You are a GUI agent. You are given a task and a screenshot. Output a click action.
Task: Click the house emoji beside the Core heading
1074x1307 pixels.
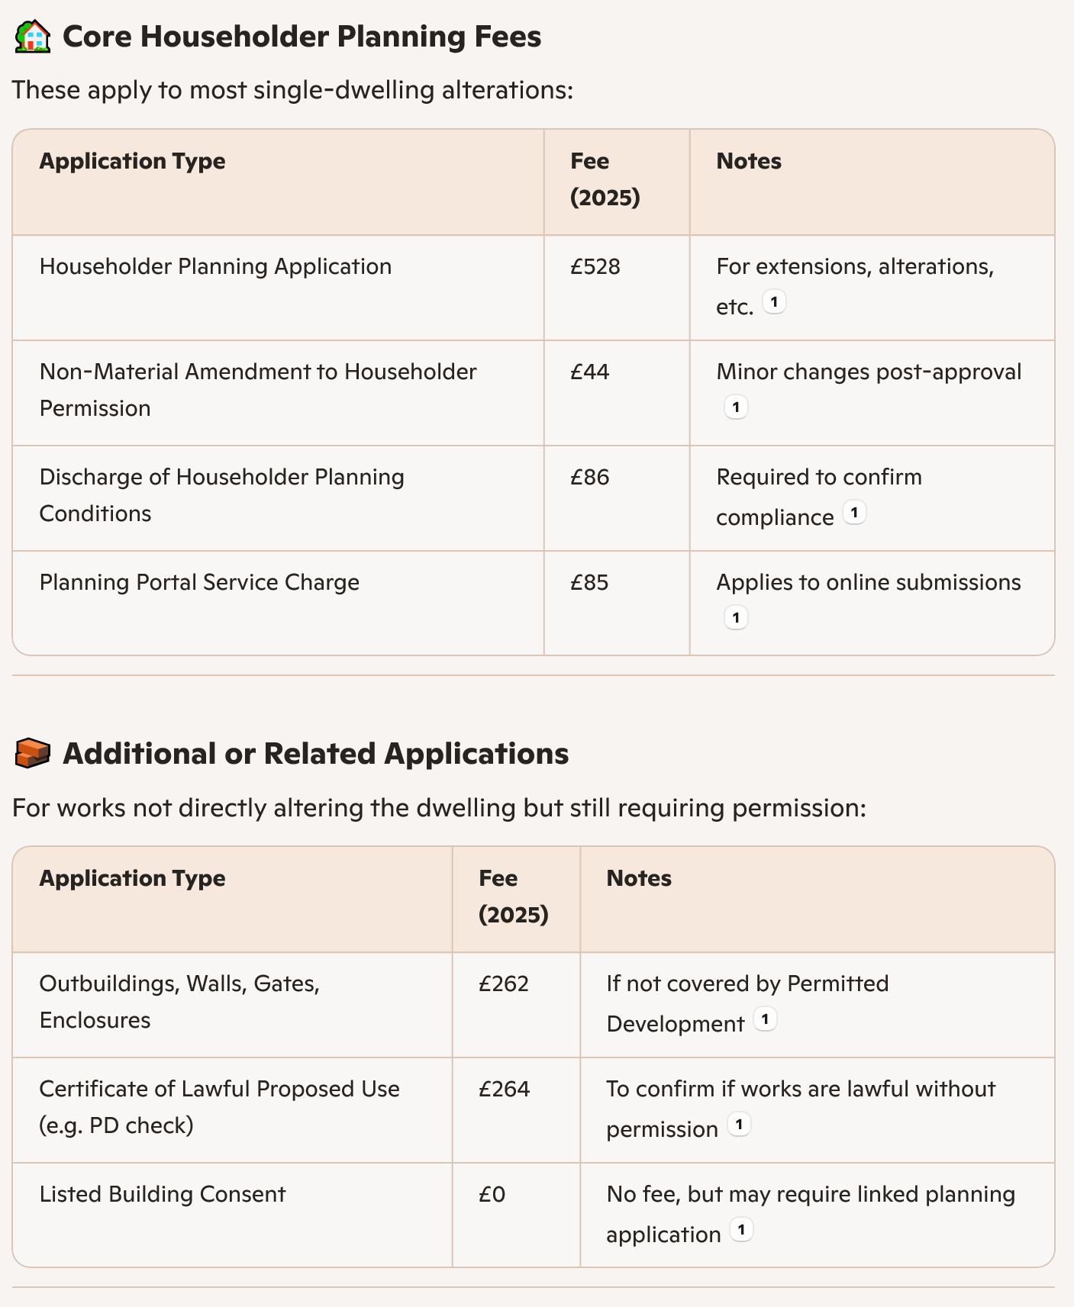[x=33, y=37]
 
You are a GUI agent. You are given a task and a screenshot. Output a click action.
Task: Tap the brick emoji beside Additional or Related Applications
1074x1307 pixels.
[x=33, y=753]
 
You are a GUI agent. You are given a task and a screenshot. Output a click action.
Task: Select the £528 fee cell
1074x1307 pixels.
[x=595, y=266]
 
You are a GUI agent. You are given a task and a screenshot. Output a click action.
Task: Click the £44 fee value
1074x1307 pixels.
[x=589, y=372]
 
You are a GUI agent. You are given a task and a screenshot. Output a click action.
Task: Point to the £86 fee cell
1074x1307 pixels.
[x=589, y=477]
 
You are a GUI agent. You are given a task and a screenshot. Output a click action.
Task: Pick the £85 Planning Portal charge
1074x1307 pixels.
[x=589, y=582]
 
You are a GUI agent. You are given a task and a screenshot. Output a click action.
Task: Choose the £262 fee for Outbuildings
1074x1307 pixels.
[x=503, y=983]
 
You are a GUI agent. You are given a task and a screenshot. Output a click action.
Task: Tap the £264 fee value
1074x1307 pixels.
[x=504, y=1089]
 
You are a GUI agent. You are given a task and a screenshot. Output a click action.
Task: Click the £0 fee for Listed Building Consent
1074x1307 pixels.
[x=492, y=1194]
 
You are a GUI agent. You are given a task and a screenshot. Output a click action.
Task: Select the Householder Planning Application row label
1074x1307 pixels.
[x=215, y=266]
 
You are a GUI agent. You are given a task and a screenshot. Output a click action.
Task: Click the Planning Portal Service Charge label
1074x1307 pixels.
[x=199, y=582]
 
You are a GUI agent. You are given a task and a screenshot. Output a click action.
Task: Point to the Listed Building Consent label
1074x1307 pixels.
[x=163, y=1194]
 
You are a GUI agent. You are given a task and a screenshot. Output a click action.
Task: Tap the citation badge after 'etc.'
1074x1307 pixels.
[x=774, y=302]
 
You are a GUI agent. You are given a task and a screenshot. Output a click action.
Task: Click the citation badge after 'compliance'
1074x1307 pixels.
[x=854, y=513]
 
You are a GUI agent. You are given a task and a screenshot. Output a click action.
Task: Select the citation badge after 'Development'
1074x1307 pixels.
[x=765, y=1019]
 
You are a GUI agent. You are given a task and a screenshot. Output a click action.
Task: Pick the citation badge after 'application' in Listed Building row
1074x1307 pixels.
[x=741, y=1230]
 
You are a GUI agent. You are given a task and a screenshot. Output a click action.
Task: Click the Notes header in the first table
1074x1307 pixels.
[x=748, y=161]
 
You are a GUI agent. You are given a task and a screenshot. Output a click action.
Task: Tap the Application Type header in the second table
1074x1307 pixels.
[x=132, y=878]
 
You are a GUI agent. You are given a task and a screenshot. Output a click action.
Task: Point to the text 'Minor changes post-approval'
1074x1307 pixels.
[x=869, y=372]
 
